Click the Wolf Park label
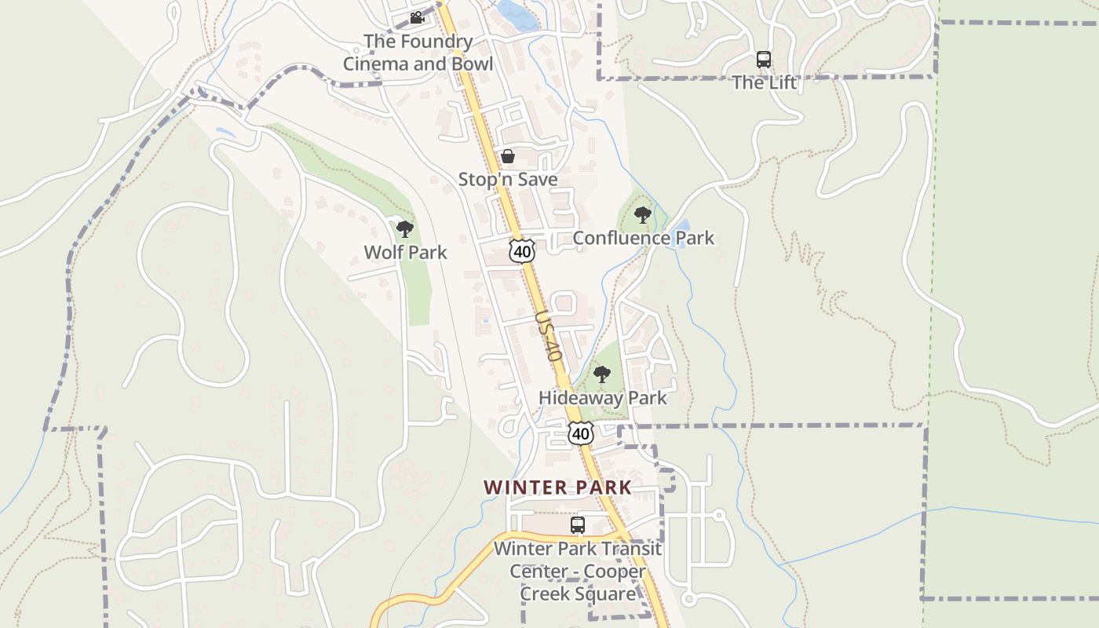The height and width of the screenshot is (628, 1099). (x=405, y=252)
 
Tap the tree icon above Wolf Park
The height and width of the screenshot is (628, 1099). (x=405, y=229)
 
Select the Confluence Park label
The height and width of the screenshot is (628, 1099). (x=644, y=238)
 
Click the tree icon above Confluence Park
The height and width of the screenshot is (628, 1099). (x=643, y=214)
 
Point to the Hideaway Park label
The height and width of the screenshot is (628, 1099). (x=602, y=397)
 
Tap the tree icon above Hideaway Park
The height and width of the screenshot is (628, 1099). (x=602, y=374)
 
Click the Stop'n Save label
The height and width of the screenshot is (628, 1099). (x=508, y=179)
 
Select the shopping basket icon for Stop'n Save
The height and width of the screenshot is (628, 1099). (x=508, y=156)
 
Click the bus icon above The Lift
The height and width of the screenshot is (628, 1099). (x=764, y=59)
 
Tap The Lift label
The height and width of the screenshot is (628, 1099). (x=764, y=82)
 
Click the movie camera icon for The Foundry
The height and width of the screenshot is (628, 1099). (x=417, y=17)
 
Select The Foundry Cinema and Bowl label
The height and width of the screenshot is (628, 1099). (x=418, y=53)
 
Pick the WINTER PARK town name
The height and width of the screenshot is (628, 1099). (x=557, y=487)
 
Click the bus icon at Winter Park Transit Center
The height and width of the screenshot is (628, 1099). (x=578, y=525)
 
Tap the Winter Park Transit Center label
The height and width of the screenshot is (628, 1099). (x=578, y=571)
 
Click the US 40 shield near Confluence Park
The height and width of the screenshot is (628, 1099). (x=522, y=250)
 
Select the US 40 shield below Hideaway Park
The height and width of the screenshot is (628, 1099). (x=581, y=433)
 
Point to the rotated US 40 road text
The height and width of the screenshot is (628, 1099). (x=549, y=335)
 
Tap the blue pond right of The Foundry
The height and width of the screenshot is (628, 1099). (x=515, y=13)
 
